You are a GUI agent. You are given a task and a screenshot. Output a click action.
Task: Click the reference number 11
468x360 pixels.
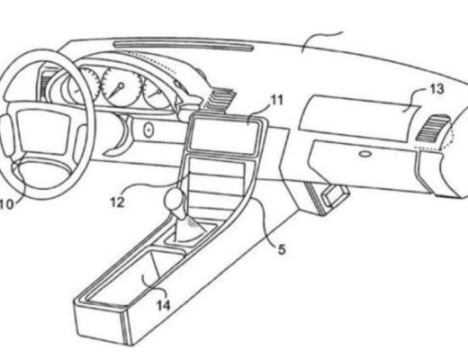277,100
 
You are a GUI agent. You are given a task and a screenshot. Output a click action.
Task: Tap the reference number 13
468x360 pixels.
436,89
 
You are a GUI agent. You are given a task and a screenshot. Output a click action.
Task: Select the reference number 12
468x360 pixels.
117,202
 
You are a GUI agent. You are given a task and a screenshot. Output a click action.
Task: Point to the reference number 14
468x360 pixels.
164,305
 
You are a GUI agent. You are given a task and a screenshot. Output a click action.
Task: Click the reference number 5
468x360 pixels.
282,249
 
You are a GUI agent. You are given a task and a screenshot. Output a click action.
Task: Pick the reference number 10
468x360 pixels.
6,204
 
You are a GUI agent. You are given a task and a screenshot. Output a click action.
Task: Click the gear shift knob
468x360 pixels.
174,200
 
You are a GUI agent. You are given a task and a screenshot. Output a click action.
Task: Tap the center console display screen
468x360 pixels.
223,133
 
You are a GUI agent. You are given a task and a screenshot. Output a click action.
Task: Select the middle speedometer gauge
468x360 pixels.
121,86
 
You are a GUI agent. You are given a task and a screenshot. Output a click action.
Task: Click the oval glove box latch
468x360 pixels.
364,154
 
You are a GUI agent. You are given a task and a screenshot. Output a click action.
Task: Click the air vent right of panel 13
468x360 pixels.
432,128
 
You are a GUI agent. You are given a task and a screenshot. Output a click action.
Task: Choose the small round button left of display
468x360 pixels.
148,130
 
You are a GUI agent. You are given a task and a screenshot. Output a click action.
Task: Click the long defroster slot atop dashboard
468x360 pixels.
184,46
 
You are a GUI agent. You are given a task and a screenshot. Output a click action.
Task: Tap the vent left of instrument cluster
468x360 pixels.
46,85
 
